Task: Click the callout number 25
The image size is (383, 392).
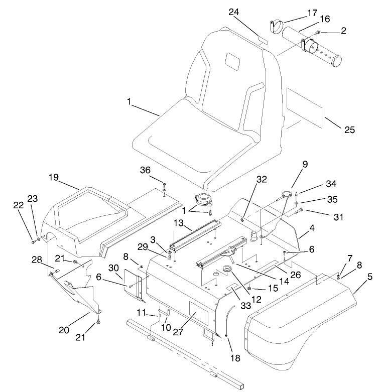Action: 349,129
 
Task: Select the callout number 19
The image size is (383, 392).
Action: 54,177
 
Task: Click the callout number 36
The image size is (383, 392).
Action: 145,170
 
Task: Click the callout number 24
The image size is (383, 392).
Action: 234,12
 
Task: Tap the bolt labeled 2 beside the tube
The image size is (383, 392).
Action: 318,33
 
